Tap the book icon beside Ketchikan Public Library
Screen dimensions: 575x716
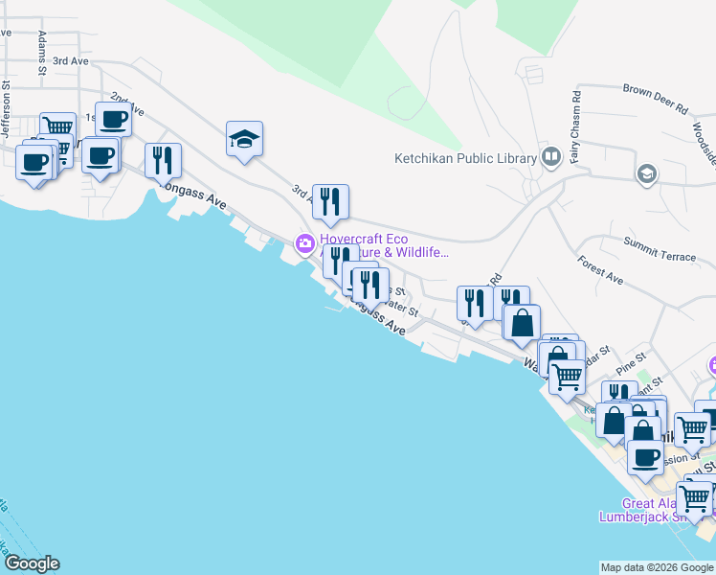tap(550, 156)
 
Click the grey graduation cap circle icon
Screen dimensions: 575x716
tap(647, 173)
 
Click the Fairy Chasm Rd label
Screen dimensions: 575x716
tap(576, 117)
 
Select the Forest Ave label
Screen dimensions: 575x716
tap(600, 270)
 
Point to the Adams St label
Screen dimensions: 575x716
tap(42, 52)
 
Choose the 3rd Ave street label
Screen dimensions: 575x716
tap(70, 60)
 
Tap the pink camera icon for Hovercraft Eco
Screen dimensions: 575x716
tap(305, 243)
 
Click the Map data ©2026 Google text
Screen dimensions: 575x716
tap(657, 567)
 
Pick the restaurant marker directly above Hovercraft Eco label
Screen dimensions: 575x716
tap(330, 200)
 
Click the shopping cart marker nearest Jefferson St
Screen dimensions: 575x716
tap(57, 128)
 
